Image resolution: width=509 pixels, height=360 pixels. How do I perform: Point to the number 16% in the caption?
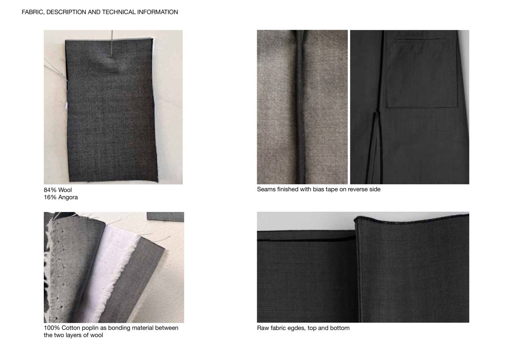[x=50, y=197]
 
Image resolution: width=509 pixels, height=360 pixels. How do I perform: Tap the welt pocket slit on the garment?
[x=418, y=39]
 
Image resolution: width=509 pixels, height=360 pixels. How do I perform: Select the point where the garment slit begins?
[x=377, y=112]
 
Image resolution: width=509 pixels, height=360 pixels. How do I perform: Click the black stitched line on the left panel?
[x=305, y=239]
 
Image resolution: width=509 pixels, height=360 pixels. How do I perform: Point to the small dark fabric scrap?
[x=165, y=216]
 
